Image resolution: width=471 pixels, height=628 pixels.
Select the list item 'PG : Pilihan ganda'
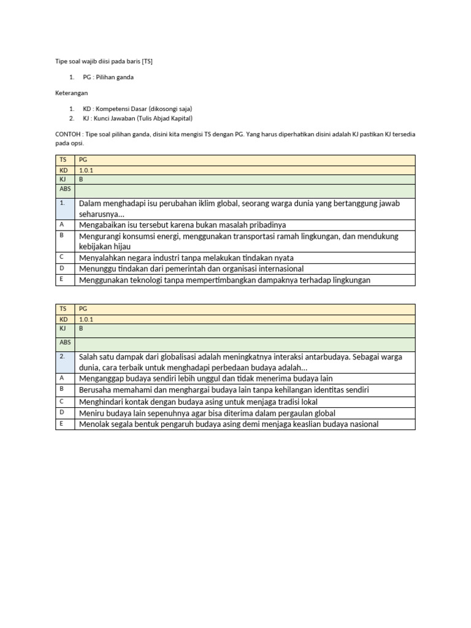tap(108, 77)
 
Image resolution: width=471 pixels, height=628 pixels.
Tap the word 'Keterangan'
tap(69, 93)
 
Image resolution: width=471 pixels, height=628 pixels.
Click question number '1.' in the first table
tap(63, 202)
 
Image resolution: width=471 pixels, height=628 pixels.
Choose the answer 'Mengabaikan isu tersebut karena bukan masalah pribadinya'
tap(182, 225)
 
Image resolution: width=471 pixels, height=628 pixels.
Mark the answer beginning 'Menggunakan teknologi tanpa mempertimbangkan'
tap(224, 280)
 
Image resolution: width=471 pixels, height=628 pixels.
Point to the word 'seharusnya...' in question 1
tap(101, 214)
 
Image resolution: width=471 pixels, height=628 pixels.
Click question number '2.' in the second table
tap(63, 356)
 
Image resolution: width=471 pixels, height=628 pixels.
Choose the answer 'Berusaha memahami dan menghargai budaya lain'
tap(224, 390)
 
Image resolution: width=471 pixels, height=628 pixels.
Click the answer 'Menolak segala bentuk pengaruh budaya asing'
tap(229, 424)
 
